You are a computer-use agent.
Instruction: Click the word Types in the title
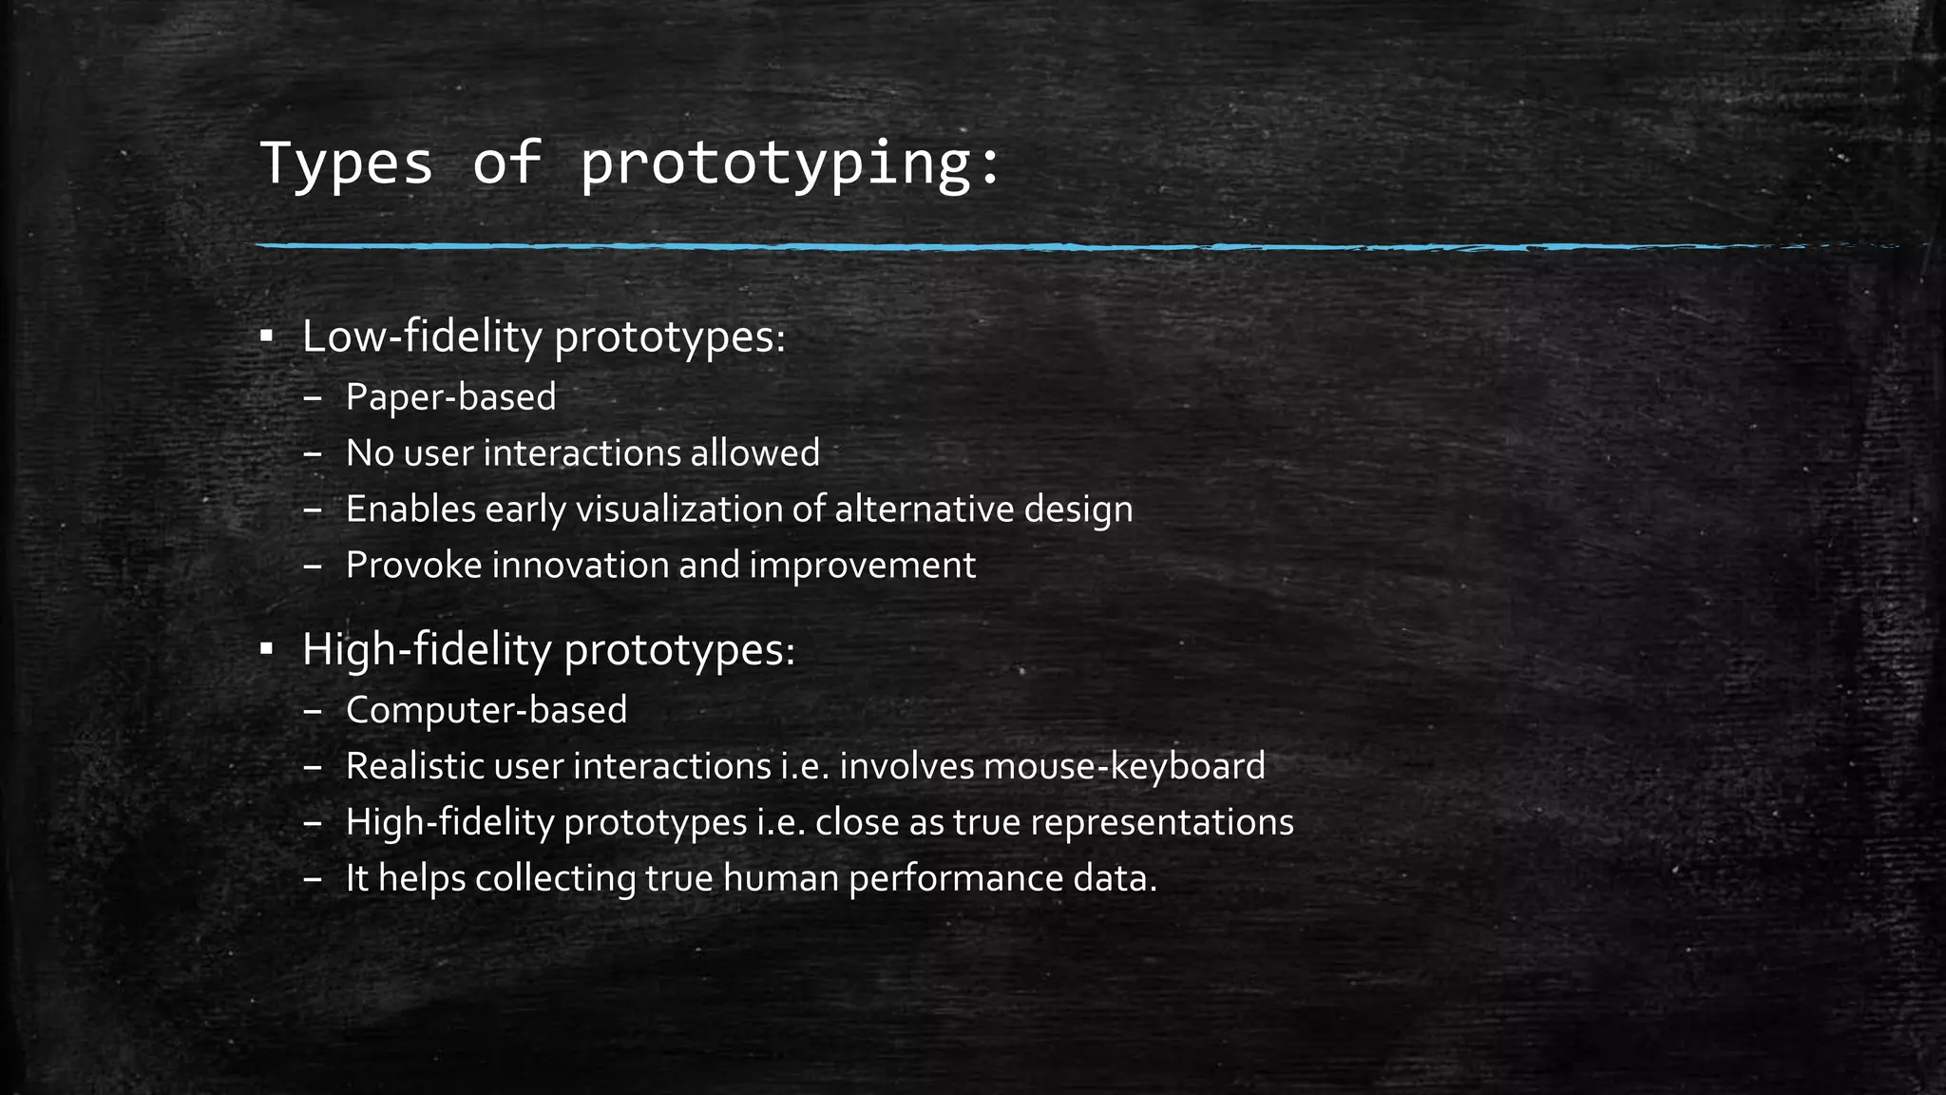tap(346, 163)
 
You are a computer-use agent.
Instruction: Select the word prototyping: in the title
tap(790, 163)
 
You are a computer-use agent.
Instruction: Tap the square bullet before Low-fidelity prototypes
tap(267, 336)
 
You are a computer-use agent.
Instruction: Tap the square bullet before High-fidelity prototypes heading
tap(267, 650)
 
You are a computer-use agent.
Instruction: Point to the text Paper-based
tap(450, 397)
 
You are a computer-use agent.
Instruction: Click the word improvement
tap(862, 566)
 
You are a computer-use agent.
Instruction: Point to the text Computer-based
tap(486, 710)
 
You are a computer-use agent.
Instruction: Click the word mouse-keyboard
tap(1124, 766)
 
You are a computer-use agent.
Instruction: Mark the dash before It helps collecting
tap(313, 879)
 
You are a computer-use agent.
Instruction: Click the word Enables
tap(410, 509)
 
